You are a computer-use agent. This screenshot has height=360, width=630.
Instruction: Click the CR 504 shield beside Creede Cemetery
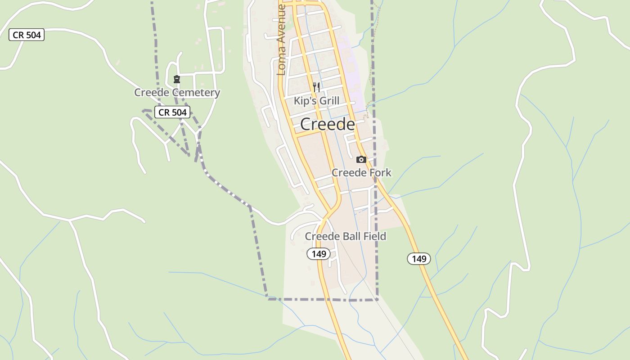[x=172, y=112]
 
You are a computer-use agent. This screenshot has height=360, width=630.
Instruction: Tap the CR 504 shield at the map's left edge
[x=27, y=35]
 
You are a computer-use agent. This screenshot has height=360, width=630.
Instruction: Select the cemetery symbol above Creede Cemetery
[x=177, y=79]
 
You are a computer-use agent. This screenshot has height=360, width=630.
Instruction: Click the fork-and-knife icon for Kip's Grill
[x=316, y=87]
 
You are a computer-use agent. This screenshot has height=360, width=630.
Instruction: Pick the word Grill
[x=329, y=101]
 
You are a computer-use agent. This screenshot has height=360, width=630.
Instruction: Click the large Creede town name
[x=327, y=124]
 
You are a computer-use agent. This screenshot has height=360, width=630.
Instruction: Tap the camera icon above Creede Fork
[x=361, y=159]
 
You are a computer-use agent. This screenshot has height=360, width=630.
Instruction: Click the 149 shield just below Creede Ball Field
[x=319, y=254]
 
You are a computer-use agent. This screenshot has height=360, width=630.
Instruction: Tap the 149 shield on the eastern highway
[x=419, y=258]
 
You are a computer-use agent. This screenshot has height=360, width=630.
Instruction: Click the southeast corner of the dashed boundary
[x=377, y=299]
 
